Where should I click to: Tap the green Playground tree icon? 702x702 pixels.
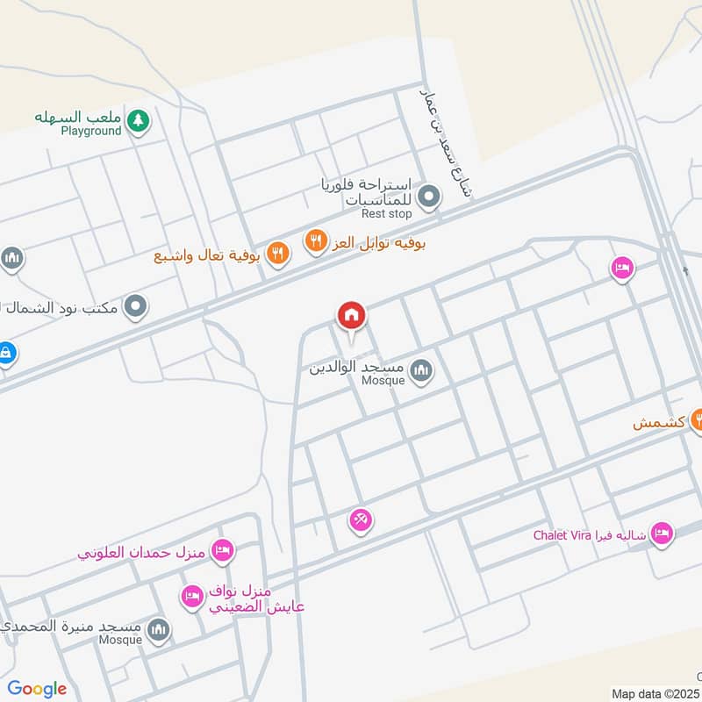(137, 121)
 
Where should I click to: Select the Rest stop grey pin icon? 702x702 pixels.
(428, 197)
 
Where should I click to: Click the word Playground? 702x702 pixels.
(90, 132)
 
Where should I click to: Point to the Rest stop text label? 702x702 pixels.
(386, 213)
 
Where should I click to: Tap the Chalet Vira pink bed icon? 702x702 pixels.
(662, 534)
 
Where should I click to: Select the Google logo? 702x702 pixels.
(37, 689)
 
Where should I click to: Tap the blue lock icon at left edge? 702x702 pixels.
(5, 354)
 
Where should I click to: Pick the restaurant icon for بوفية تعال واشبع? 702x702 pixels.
(278, 254)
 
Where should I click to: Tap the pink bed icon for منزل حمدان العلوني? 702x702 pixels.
(223, 551)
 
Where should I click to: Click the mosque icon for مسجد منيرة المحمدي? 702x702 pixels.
(159, 628)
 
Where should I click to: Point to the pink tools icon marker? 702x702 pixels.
(361, 521)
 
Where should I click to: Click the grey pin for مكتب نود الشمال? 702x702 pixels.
(135, 307)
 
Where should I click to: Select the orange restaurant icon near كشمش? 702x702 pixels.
(698, 419)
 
